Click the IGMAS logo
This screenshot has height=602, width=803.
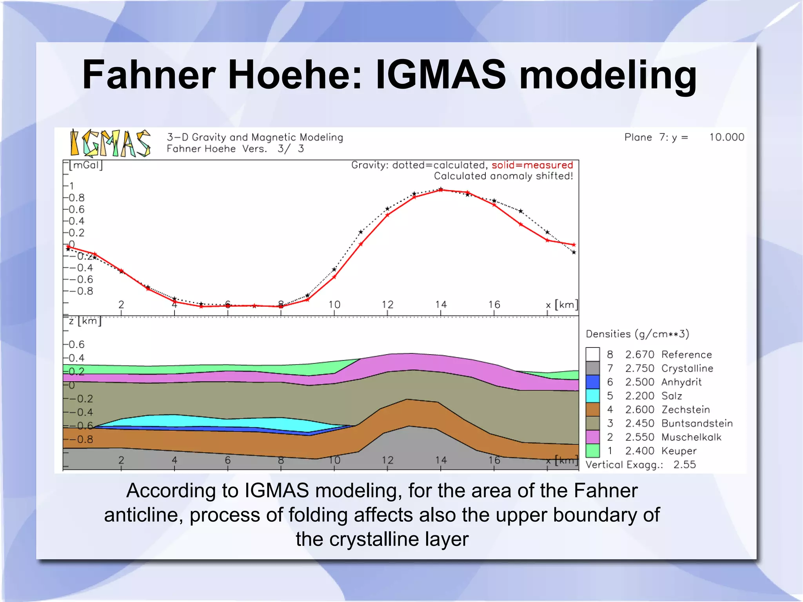(110, 144)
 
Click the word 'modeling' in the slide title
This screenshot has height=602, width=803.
(607, 75)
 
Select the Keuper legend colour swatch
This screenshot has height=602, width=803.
(592, 451)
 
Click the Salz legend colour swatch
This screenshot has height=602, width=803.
(592, 395)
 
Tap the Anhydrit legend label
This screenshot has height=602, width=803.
(681, 382)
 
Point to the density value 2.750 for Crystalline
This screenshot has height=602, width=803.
(639, 368)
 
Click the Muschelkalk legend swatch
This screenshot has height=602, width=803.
(592, 437)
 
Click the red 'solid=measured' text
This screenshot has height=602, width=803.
(532, 165)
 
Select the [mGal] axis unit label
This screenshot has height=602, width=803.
(85, 165)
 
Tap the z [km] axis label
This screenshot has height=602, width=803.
(85, 321)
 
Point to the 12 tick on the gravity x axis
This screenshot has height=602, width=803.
(387, 305)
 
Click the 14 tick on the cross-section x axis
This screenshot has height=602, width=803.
(441, 460)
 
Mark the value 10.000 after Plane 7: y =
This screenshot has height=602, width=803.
(726, 137)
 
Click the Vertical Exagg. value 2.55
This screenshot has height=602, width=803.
(684, 465)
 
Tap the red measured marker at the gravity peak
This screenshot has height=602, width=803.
(441, 190)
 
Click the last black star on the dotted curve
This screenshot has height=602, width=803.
(574, 253)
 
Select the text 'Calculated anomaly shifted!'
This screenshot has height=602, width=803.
(503, 176)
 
